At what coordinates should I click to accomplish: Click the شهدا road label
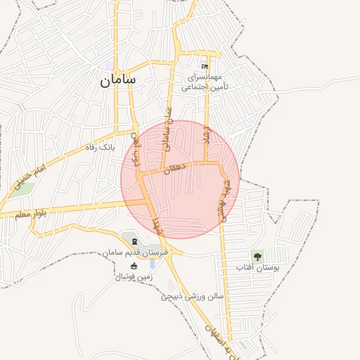[x=156, y=226]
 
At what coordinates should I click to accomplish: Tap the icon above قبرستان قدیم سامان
[x=134, y=242]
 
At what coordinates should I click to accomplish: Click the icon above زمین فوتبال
[x=134, y=266]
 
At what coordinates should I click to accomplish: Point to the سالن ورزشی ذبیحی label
[x=192, y=296]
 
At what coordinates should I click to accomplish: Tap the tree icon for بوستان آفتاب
[x=257, y=256]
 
